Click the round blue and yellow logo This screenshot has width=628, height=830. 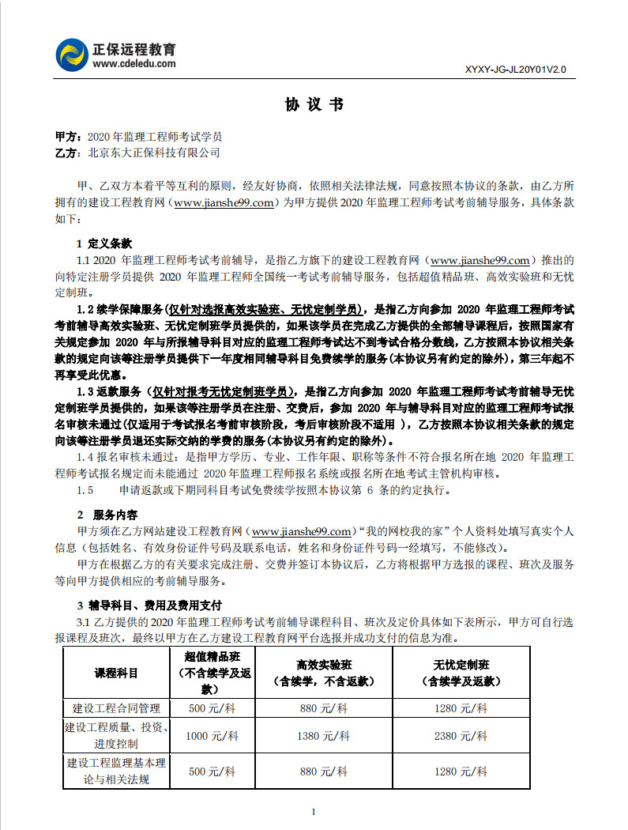[x=72, y=55]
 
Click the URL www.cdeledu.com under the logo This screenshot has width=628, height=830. [x=134, y=64]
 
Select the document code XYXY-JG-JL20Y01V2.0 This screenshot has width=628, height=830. [x=516, y=70]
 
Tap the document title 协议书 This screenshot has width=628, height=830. [x=314, y=105]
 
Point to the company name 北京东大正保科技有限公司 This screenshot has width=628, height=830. [x=153, y=153]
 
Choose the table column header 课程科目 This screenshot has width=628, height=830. [x=116, y=673]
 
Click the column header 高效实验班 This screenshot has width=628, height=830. [x=323, y=666]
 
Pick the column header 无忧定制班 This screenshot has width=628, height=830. [x=461, y=666]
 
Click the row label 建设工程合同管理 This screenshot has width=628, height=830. [x=116, y=708]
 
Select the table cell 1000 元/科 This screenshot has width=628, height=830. [x=212, y=736]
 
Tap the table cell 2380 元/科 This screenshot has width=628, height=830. [x=461, y=736]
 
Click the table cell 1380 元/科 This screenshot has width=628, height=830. [x=323, y=736]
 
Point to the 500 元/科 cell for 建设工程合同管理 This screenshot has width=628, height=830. [x=212, y=708]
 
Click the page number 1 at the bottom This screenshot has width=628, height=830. [x=314, y=812]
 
